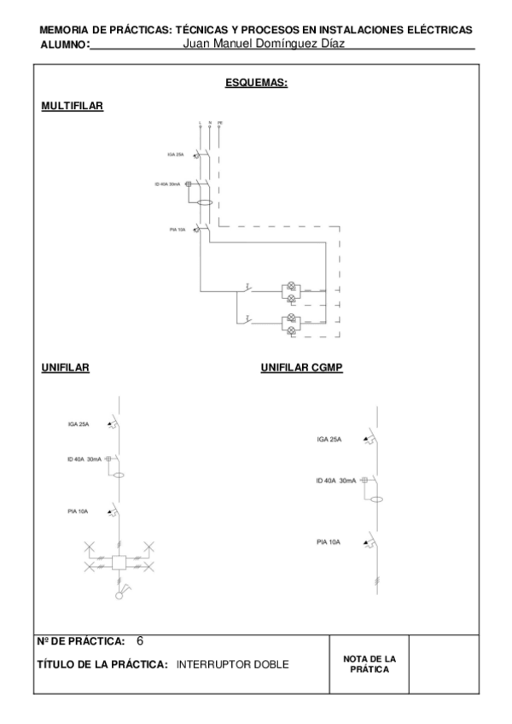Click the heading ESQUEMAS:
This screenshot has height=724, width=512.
point(255,83)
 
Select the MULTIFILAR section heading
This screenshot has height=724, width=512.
point(72,106)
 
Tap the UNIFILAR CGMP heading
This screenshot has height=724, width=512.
point(301,369)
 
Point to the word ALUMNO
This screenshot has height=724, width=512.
point(63,44)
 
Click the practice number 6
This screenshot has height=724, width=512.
point(140,640)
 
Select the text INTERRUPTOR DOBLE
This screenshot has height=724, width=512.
point(232,664)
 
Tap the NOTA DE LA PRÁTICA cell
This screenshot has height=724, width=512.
point(369,663)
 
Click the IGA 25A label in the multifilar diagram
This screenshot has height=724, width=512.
point(176,155)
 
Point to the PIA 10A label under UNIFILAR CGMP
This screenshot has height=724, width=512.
point(329,542)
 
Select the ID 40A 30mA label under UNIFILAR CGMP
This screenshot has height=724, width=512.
point(335,482)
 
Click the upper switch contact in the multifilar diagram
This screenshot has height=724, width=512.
point(246,288)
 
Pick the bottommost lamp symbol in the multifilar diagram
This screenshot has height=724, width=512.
point(291,329)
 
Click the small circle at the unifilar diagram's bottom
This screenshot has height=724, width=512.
point(119,596)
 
